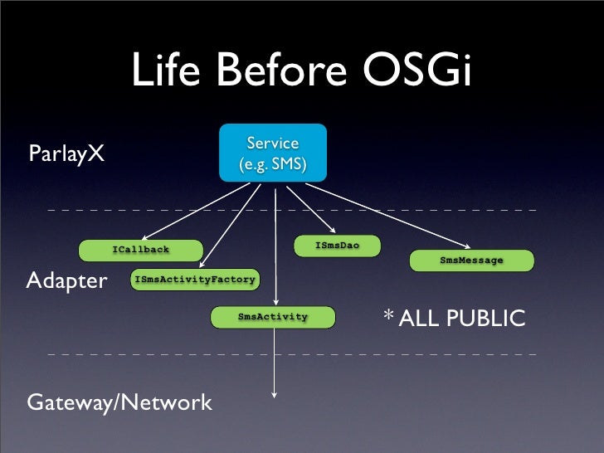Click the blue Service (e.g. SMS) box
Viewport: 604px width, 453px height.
(272, 153)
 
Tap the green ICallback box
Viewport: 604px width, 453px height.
(141, 250)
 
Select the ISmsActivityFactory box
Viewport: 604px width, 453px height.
(194, 280)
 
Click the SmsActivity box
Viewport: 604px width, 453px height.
(273, 317)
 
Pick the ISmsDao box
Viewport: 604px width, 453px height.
(337, 246)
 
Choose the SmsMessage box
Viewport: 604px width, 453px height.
(471, 261)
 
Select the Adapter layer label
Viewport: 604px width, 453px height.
(67, 280)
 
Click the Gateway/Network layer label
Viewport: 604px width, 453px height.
(119, 403)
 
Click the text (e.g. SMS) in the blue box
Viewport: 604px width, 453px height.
(272, 165)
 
